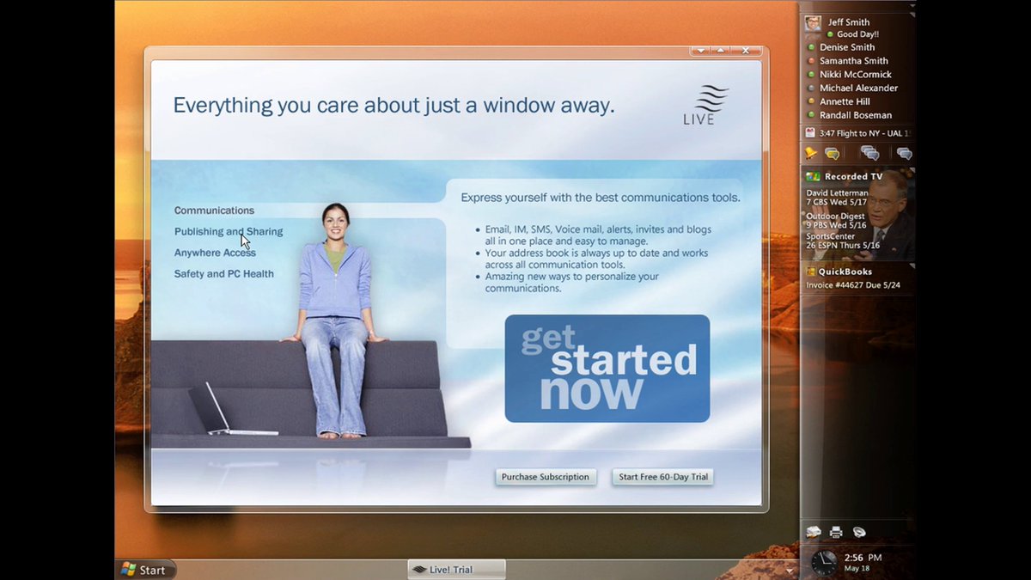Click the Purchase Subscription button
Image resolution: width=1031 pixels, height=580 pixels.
point(546,477)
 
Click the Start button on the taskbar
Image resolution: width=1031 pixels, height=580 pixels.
point(146,570)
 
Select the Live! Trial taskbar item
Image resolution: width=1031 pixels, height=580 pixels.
point(456,570)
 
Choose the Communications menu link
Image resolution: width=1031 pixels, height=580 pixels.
point(214,211)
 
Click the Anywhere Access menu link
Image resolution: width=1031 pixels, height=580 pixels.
point(215,253)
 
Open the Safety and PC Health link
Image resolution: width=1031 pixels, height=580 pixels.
point(223,274)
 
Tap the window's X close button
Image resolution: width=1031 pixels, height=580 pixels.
point(746,50)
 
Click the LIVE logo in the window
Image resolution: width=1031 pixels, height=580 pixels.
point(705,105)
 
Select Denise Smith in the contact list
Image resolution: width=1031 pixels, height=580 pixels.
point(847,47)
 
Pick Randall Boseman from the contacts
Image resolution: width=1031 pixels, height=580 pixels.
point(856,115)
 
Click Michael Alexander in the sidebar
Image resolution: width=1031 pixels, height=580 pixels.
point(858,88)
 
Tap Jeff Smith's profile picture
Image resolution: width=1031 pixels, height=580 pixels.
point(813,23)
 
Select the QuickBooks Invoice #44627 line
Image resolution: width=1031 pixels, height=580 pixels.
point(853,285)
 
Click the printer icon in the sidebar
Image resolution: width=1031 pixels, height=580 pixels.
point(836,532)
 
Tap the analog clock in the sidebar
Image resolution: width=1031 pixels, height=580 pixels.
point(823,563)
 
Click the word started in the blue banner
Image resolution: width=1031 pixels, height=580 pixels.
point(624,360)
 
